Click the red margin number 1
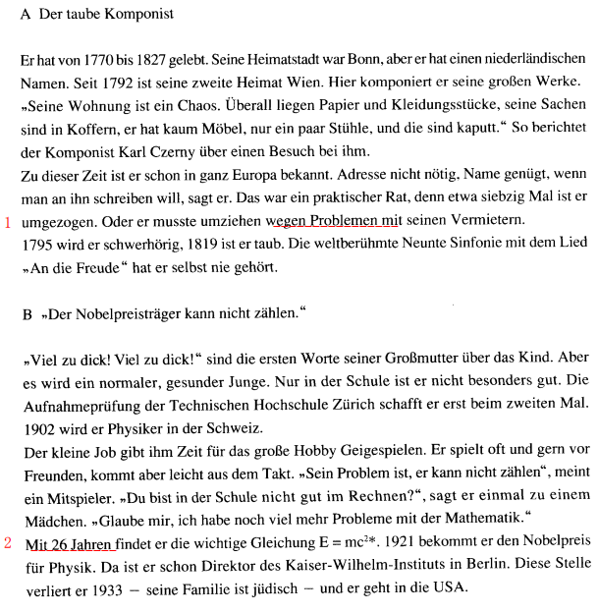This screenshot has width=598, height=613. (x=8, y=222)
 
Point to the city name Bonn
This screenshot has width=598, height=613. (x=360, y=61)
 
